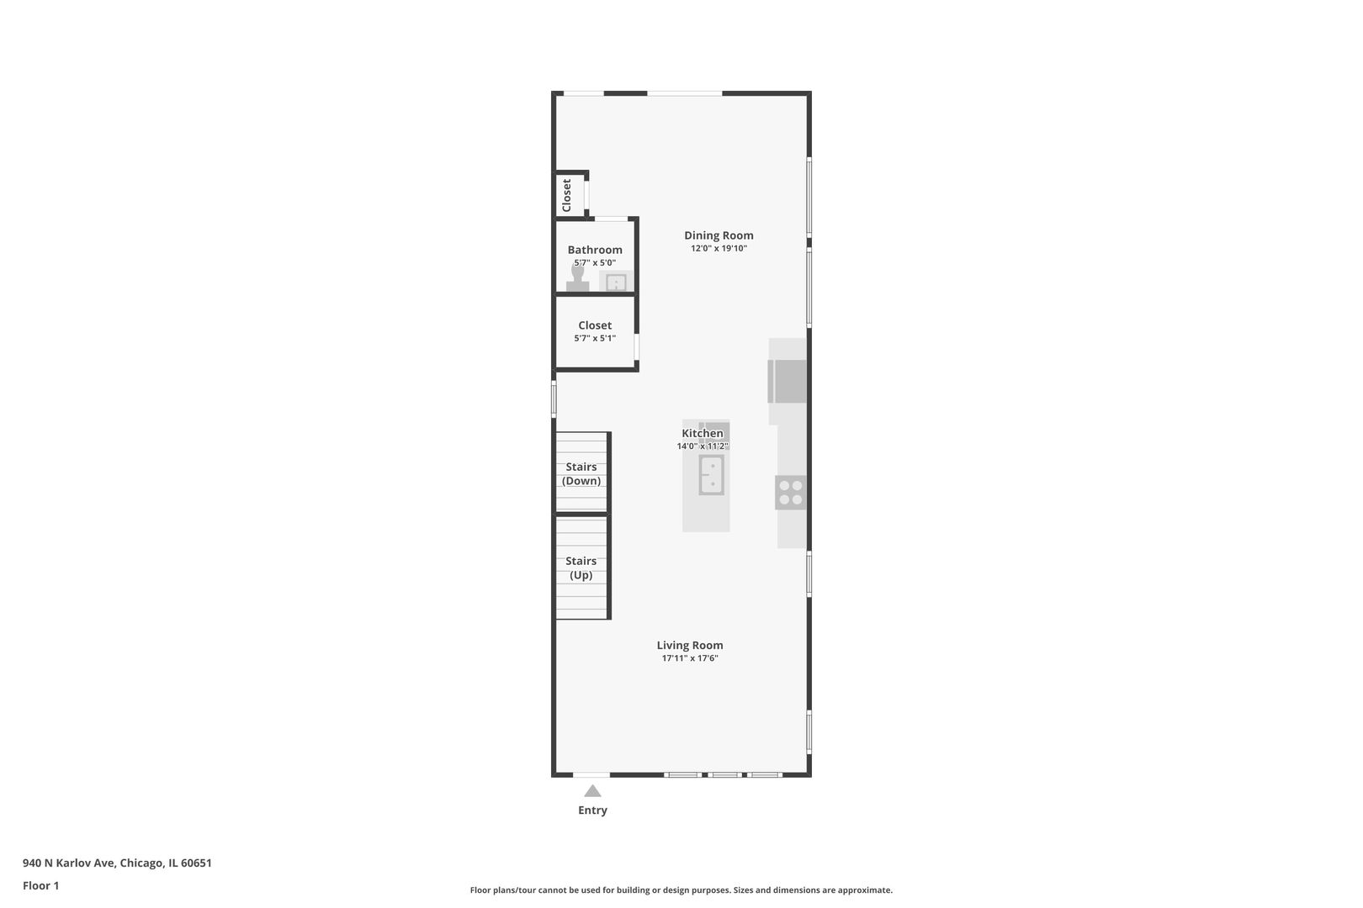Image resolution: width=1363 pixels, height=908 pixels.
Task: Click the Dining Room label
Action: tap(719, 235)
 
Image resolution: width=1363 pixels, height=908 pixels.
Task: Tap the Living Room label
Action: tap(690, 646)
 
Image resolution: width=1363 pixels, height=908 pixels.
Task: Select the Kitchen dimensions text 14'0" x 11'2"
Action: tap(703, 446)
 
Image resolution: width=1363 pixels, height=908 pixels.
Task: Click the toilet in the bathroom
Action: tap(577, 279)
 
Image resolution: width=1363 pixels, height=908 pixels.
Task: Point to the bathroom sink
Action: tap(617, 282)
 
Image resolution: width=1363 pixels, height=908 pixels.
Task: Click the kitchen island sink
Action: tap(711, 474)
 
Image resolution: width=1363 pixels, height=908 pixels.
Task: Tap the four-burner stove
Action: tap(790, 493)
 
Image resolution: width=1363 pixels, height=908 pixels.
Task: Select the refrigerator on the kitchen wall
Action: tap(788, 382)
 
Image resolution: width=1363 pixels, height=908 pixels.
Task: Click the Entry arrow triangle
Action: tap(592, 790)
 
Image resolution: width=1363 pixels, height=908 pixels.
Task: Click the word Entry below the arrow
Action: tap(592, 810)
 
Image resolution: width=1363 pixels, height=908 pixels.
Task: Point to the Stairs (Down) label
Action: tap(581, 474)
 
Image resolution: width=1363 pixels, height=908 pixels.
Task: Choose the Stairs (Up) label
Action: tap(581, 568)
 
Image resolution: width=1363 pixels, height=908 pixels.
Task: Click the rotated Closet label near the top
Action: tap(566, 195)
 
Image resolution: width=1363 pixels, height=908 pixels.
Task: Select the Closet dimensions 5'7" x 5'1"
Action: tap(595, 338)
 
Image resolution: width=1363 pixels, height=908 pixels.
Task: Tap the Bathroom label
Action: tap(595, 250)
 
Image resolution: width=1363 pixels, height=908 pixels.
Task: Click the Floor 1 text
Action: tap(40, 885)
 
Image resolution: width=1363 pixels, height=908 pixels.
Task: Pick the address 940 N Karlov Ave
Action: tap(69, 863)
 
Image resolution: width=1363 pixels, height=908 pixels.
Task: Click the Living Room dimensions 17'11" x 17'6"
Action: tap(690, 658)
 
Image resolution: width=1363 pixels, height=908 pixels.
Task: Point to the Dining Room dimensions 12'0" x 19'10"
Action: tap(719, 248)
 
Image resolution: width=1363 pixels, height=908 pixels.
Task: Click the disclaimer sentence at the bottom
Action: tap(681, 890)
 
